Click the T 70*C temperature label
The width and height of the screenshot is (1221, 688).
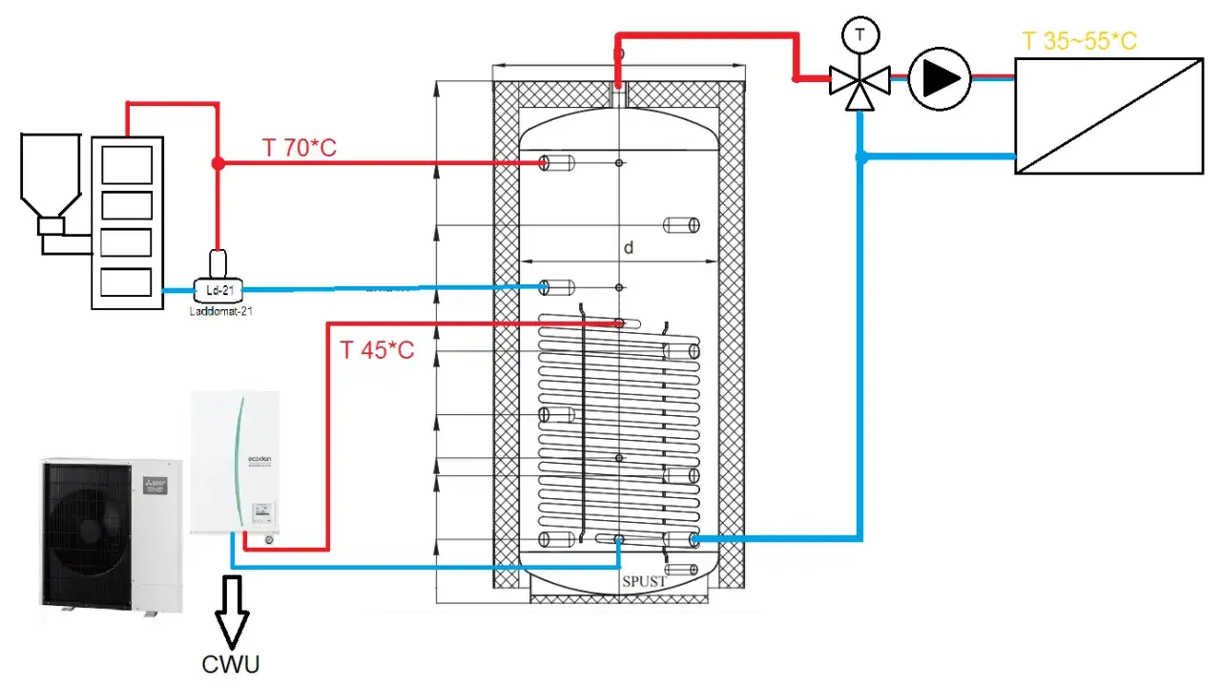coord(299,148)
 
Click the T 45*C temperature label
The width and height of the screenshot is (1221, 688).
coord(377,350)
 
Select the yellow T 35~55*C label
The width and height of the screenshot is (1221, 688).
coord(1079,41)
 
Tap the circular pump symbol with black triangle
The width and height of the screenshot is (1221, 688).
coord(939,78)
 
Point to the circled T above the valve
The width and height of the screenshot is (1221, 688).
coord(859,36)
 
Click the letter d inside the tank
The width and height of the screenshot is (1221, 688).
coord(629,248)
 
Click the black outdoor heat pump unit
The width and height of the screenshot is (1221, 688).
coord(110,536)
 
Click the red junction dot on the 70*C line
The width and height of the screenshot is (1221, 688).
coord(217,164)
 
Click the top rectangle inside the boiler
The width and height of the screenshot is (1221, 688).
coord(126,164)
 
